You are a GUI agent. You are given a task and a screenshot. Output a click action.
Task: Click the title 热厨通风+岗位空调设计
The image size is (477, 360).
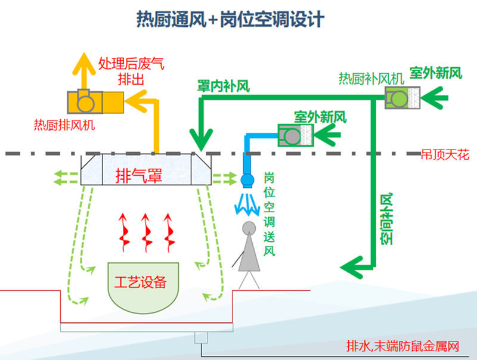[x=230, y=20]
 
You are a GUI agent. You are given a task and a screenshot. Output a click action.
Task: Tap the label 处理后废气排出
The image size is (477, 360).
[x=131, y=71]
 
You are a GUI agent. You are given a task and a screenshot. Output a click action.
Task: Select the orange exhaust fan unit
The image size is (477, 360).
[x=95, y=102]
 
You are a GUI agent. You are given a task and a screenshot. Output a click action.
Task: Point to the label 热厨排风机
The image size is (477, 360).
[x=64, y=125]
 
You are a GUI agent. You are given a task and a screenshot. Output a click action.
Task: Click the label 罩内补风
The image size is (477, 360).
[x=224, y=86]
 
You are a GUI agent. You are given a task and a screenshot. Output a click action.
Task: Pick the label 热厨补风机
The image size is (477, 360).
[x=371, y=79]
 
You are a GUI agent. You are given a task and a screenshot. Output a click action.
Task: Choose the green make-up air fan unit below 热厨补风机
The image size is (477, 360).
[x=402, y=98]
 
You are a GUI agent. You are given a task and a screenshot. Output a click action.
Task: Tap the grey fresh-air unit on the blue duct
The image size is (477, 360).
[x=296, y=135]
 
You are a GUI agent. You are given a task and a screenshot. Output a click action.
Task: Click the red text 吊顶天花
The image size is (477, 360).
[x=445, y=155]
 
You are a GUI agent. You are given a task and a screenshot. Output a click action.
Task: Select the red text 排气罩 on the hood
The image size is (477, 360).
[x=139, y=176]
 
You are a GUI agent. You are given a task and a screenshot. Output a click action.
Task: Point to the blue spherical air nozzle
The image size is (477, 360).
[x=247, y=180]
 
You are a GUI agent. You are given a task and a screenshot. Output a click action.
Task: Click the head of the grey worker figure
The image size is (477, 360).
[x=249, y=228]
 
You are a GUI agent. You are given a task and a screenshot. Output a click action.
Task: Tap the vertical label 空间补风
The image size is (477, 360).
[x=386, y=219]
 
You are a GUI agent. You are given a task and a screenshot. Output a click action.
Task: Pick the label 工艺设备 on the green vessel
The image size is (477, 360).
[x=140, y=282]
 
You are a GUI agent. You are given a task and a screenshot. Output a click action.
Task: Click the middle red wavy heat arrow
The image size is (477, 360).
[x=146, y=232]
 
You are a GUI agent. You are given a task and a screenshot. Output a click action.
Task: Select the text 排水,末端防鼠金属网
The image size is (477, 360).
[x=403, y=346]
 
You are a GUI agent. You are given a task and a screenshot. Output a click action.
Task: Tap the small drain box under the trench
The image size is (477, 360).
[x=201, y=337]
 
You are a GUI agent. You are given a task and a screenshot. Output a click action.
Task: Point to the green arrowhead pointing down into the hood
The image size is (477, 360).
[x=201, y=139]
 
